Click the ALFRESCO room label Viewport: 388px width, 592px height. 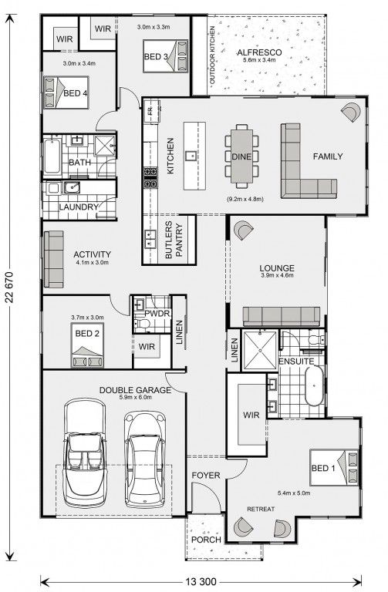tap(258, 52)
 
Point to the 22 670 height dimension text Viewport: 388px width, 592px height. tap(10, 288)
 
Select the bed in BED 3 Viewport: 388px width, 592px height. tap(166, 55)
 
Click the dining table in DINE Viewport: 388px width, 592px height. tap(241, 156)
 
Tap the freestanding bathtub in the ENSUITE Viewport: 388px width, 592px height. tap(314, 385)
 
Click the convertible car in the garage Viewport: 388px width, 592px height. tap(85, 454)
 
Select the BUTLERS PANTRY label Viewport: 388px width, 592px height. tap(174, 240)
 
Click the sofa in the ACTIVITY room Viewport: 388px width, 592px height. tap(54, 259)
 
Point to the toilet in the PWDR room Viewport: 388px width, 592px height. tap(143, 323)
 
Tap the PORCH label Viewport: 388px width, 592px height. tap(206, 540)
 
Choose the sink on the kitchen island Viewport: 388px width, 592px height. tap(191, 154)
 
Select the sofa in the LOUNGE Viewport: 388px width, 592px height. tap(282, 316)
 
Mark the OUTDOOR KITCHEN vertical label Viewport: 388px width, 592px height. tap(212, 55)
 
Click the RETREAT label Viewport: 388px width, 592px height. tap(261, 509)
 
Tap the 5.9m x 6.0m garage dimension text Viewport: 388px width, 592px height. tap(135, 397)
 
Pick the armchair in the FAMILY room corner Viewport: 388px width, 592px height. tap(351, 112)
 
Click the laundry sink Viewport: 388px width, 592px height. tap(72, 187)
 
